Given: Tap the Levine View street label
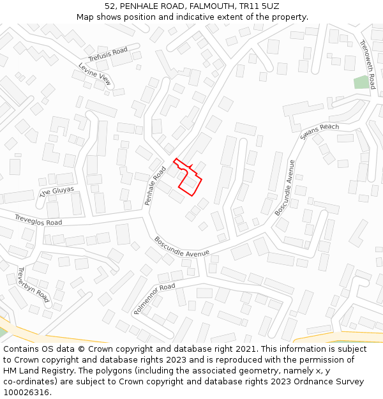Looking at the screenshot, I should click(95, 74).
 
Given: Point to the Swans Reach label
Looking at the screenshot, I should click(320, 132).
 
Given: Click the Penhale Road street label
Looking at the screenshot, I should click(154, 186).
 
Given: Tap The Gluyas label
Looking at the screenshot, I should click(57, 192).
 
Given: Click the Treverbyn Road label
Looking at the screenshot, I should click(33, 284).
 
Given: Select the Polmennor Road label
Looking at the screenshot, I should click(154, 298).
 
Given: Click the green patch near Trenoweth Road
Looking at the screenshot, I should click(362, 82).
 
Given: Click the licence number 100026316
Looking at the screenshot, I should click(26, 393).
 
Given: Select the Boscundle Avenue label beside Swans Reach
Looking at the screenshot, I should click(285, 187).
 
